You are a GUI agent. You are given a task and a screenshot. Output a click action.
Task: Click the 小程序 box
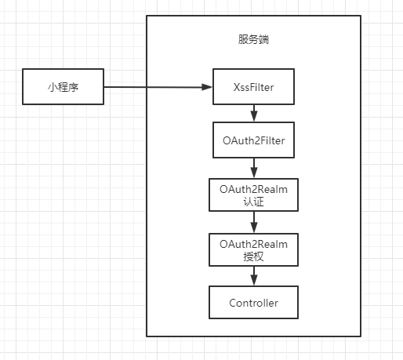point(64,86)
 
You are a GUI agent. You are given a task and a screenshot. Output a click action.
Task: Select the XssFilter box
point(253,86)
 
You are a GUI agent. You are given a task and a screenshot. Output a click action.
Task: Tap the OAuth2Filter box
point(253,140)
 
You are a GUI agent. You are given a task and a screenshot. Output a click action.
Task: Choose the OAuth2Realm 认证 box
point(253,195)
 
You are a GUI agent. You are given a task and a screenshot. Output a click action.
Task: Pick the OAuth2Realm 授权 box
point(253,249)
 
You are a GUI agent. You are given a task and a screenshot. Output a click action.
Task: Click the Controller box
point(253,303)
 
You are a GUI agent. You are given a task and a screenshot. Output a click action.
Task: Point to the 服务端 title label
point(253,40)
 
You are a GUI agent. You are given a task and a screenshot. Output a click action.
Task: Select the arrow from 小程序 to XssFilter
point(157,86)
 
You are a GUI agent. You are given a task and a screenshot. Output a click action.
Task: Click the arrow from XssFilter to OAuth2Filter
point(253,112)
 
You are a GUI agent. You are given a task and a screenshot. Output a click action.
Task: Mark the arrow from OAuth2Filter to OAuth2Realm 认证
point(253,167)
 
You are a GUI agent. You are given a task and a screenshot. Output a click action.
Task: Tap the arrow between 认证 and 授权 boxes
point(253,222)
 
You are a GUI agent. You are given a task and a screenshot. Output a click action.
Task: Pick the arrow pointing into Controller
point(253,276)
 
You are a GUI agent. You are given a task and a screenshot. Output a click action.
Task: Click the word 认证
point(253,201)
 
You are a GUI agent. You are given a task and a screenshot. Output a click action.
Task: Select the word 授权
point(253,256)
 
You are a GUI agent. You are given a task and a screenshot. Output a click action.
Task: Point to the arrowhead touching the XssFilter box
point(208,86)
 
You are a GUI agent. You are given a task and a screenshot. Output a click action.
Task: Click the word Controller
point(253,303)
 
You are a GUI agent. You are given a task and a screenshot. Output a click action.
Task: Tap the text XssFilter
point(253,86)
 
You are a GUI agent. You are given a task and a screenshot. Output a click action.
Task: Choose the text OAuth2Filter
point(253,140)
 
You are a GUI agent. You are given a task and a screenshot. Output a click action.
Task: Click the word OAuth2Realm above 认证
point(253,188)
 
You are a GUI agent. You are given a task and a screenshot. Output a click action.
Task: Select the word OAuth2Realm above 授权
point(253,243)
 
